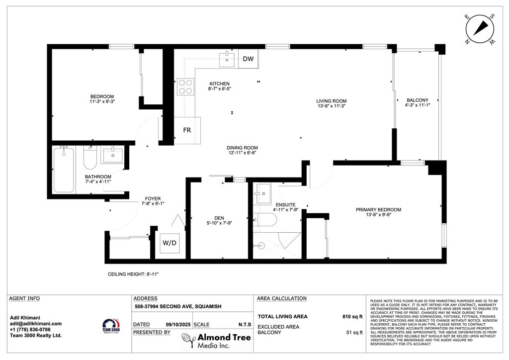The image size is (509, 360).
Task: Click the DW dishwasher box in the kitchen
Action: pos(248,59)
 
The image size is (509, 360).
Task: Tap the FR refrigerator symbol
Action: pos(187,130)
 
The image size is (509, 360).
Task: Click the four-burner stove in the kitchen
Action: pos(186,87)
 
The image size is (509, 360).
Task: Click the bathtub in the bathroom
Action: pos(64,170)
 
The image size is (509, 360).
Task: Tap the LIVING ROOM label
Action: pos(331,101)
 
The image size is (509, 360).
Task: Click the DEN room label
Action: pos(219,217)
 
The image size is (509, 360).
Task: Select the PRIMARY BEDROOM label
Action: pos(378,210)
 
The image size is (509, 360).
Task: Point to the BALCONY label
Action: pos(417,100)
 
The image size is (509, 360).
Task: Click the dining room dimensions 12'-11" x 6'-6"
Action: pos(242,153)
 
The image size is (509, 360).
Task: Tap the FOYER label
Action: pos(153,198)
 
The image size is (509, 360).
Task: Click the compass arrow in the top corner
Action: pos(480,28)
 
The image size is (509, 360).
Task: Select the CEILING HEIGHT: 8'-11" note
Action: pos(133,274)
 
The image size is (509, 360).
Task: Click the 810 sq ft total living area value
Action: pos(352,316)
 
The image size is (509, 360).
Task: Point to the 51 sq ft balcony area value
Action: pos(354,332)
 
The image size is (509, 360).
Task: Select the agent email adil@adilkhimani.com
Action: pos(36,323)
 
